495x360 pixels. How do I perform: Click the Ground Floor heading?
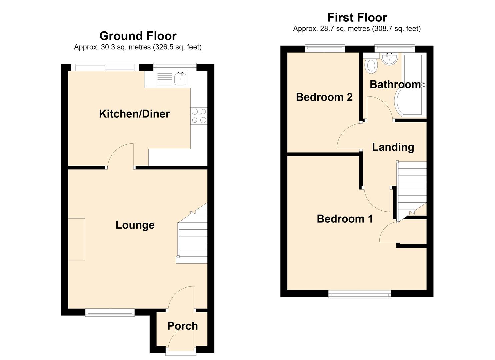tap(138, 36)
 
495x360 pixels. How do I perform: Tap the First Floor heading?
tap(357, 17)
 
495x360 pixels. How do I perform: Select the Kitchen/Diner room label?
tap(134, 114)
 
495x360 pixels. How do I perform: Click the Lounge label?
tap(135, 225)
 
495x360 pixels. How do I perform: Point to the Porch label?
tap(183, 326)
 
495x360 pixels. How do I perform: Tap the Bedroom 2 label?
tap(324, 97)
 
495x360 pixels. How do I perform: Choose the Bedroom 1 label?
tap(345, 219)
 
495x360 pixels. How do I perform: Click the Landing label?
tap(393, 147)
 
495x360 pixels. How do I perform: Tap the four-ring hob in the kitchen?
tap(199, 116)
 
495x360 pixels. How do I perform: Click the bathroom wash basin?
tap(389, 59)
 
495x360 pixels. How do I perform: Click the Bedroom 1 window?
tap(360, 294)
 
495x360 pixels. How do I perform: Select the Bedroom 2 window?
tap(325, 49)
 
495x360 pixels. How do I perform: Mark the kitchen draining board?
tap(164, 79)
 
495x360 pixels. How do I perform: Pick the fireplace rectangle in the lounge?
tap(76, 240)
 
